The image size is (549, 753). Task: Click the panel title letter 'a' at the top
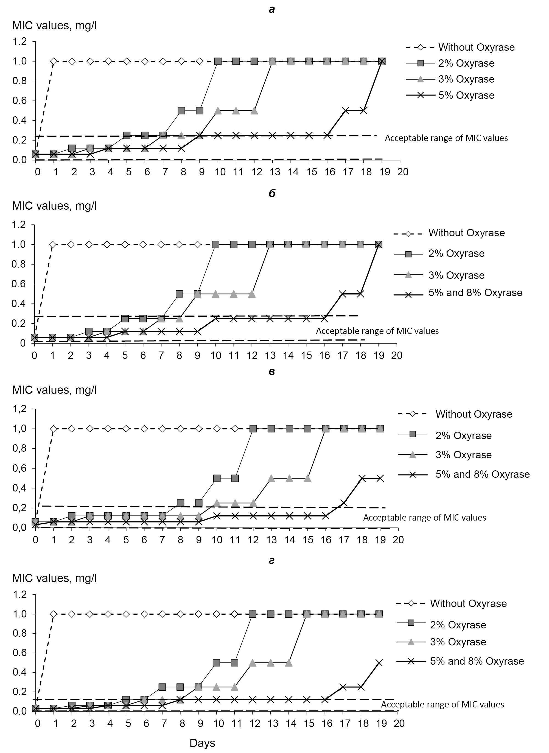tap(272, 10)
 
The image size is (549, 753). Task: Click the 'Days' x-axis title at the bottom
tap(202, 743)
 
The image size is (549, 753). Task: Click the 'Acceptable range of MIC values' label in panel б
tap(377, 331)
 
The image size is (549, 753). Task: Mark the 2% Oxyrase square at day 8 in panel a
tap(181, 111)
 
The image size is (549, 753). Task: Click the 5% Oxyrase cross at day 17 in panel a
tap(346, 111)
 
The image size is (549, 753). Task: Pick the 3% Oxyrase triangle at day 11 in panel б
tap(234, 294)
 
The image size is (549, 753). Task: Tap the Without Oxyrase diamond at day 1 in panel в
tap(54, 429)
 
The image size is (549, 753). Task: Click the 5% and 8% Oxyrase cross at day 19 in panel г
tap(379, 663)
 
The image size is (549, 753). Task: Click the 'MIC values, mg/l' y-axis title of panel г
tap(55, 578)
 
